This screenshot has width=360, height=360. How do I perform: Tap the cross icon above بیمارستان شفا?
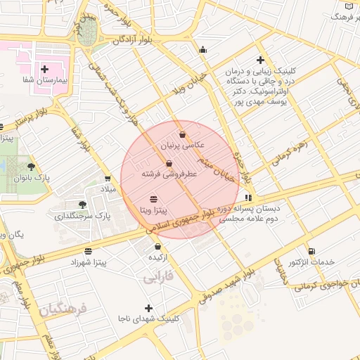[45, 69]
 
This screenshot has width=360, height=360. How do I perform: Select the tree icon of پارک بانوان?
[30, 167]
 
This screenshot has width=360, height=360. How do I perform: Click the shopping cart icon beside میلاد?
[107, 179]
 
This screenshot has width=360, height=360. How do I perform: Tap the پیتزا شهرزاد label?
[87, 262]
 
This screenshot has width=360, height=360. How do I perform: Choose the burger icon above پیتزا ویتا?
[154, 200]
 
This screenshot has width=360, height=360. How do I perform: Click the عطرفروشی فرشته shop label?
[168, 174]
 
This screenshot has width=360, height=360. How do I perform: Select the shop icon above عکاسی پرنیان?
[183, 134]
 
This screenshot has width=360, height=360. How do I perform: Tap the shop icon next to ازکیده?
[157, 247]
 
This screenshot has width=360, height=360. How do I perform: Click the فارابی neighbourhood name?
[159, 278]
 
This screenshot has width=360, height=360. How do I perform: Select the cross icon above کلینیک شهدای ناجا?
[148, 308]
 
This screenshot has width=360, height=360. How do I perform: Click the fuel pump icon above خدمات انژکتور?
[311, 251]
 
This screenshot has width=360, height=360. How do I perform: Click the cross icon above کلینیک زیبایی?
[261, 60]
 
